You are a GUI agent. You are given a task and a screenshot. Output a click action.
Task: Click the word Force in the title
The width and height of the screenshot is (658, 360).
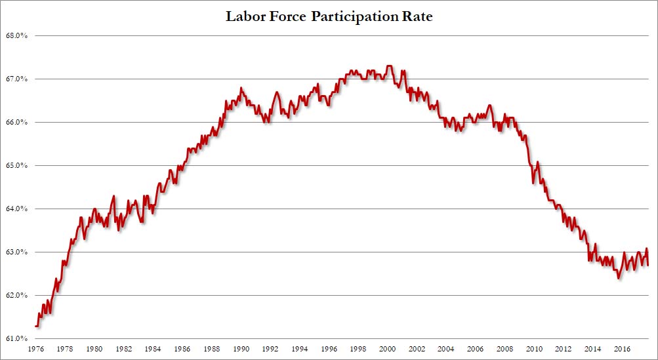pyautogui.click(x=289, y=16)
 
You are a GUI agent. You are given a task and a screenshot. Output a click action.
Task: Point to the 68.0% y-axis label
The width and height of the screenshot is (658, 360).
pyautogui.click(x=16, y=35)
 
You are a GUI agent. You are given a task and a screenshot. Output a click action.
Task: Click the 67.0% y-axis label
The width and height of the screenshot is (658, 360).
pyautogui.click(x=16, y=79)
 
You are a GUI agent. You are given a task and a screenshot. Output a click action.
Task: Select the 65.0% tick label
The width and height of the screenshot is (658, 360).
pyautogui.click(x=16, y=165)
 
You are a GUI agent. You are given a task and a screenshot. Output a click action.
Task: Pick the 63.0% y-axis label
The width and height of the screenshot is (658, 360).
pyautogui.click(x=16, y=252)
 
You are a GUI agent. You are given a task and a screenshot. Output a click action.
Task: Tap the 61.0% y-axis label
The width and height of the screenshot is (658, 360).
pyautogui.click(x=16, y=338)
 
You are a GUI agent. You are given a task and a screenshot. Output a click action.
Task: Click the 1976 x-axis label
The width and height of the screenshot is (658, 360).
pyautogui.click(x=36, y=350)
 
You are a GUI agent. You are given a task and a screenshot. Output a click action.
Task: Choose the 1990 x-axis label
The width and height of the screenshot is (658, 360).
pyautogui.click(x=242, y=350)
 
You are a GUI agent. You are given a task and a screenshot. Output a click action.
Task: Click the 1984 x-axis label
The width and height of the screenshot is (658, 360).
pyautogui.click(x=154, y=350)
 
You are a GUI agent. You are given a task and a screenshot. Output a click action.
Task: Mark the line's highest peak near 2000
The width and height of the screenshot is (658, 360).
pyautogui.click(x=390, y=66)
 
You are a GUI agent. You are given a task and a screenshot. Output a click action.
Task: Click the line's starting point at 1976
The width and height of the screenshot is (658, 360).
pyautogui.click(x=36, y=326)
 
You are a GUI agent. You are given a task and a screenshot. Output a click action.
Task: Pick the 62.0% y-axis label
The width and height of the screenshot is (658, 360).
pyautogui.click(x=16, y=295)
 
